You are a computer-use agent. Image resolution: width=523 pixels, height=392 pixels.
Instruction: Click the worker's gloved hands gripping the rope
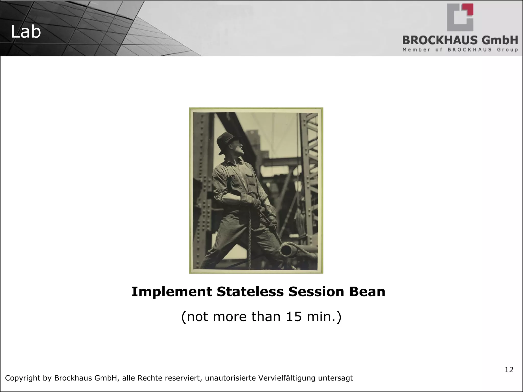pyautogui.click(x=255, y=202)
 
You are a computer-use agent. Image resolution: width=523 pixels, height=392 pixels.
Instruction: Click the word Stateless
pyautogui.click(x=250, y=292)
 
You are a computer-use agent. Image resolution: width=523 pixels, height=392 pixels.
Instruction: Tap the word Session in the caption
pyautogui.click(x=316, y=292)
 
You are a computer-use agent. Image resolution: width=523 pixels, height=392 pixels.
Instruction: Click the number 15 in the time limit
pyautogui.click(x=294, y=317)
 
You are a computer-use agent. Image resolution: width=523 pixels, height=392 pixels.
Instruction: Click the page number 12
pyautogui.click(x=509, y=370)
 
